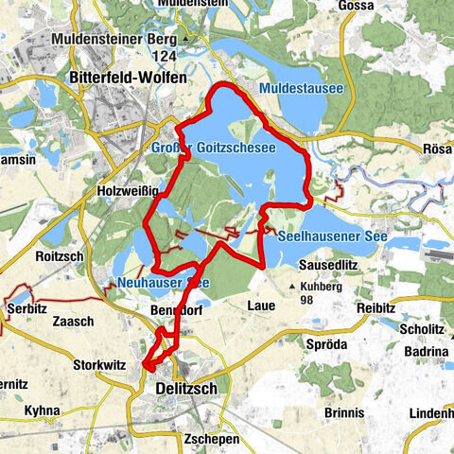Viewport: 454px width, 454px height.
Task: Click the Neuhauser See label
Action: click(164, 282)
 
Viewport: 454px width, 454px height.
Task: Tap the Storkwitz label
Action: click(100, 363)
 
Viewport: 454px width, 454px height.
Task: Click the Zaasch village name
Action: click(75, 322)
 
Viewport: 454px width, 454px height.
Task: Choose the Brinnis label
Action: click(341, 413)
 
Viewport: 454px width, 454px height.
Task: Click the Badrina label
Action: click(428, 351)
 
